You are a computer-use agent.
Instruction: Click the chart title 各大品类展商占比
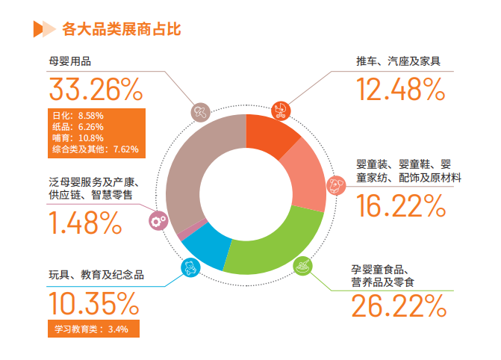click(x=121, y=30)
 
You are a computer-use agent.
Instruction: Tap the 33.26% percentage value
click(x=95, y=90)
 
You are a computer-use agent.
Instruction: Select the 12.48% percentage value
click(x=400, y=90)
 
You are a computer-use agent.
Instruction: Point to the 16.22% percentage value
click(x=400, y=205)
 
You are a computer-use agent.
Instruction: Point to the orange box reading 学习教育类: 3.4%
click(x=92, y=329)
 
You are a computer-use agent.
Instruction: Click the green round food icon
click(x=303, y=264)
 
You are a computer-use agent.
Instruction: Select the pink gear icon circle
click(x=158, y=220)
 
